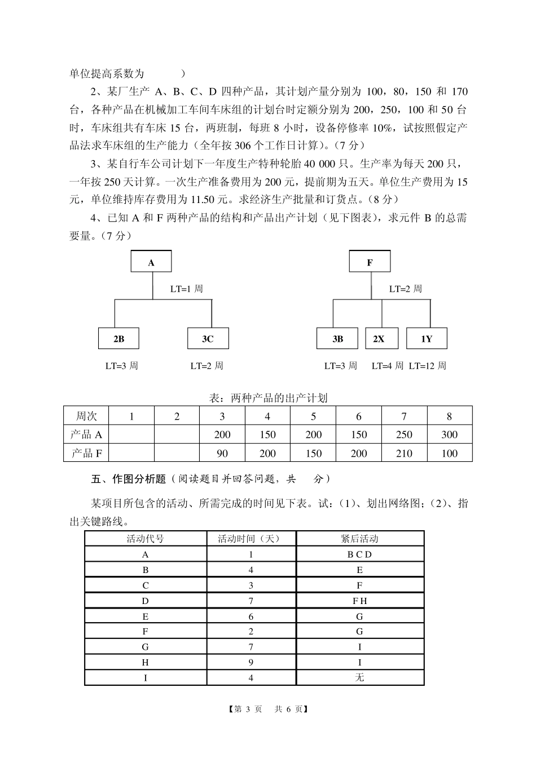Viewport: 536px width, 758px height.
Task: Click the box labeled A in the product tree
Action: pyautogui.click(x=151, y=262)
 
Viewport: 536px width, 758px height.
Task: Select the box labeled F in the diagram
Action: pyautogui.click(x=370, y=262)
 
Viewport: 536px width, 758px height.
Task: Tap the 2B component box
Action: pyautogui.click(x=118, y=338)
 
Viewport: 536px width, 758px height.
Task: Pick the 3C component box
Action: pyautogui.click(x=208, y=338)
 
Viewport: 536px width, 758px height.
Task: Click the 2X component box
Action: pyautogui.click(x=379, y=338)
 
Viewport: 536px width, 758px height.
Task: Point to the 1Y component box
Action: pyautogui.click(x=427, y=338)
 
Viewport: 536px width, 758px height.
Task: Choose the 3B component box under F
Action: pyautogui.click(x=337, y=338)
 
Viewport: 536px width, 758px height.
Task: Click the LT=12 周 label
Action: pyautogui.click(x=427, y=365)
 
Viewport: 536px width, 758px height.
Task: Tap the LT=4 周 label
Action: pyautogui.click(x=387, y=365)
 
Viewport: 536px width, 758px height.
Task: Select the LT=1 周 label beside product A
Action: pyautogui.click(x=187, y=289)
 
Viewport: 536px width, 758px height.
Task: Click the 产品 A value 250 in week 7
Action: pyautogui.click(x=404, y=434)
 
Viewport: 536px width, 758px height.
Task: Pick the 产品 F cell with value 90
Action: pyautogui.click(x=222, y=453)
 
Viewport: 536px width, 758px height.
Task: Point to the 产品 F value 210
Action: pyautogui.click(x=404, y=453)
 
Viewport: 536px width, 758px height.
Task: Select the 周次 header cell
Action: pyautogui.click(x=86, y=416)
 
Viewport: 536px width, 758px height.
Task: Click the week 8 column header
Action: pyautogui.click(x=449, y=416)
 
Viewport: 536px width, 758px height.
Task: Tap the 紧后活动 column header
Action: pyautogui.click(x=359, y=539)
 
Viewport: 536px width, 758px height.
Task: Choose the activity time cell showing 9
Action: pyautogui.click(x=251, y=662)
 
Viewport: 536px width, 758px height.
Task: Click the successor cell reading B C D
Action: pyautogui.click(x=359, y=554)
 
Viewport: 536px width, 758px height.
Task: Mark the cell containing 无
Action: pyautogui.click(x=359, y=677)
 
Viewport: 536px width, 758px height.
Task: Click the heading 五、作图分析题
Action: pyautogui.click(x=129, y=479)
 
